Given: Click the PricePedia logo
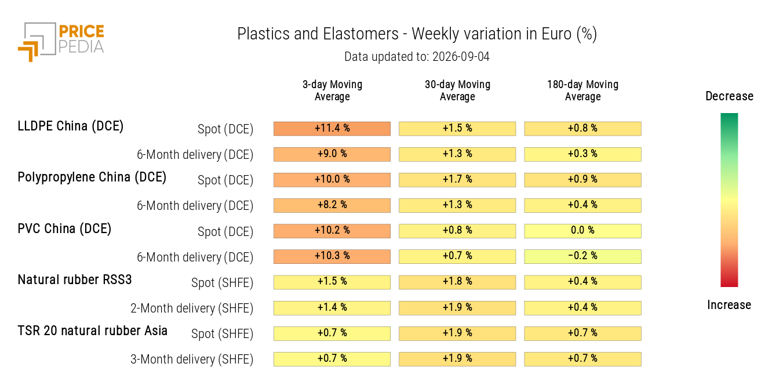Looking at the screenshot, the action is tap(61, 42).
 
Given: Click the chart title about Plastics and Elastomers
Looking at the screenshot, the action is tap(417, 34).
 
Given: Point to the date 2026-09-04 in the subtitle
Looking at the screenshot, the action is tap(461, 57).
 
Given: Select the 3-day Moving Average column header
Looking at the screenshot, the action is tap(332, 90).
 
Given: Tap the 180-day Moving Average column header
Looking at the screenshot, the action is tap(582, 90).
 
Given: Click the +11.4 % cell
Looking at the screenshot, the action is tap(332, 129).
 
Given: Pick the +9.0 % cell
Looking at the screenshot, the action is tap(332, 154).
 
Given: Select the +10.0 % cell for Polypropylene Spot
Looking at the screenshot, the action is tap(332, 180).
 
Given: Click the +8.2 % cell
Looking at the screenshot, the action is tap(332, 206).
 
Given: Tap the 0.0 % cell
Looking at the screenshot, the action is tap(582, 231).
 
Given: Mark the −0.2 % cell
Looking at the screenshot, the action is tap(582, 256).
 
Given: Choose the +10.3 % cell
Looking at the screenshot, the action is tap(332, 256).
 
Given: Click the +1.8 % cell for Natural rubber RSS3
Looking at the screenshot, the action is tap(457, 282).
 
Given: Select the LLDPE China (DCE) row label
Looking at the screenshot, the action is tap(70, 126).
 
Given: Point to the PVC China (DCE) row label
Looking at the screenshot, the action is tap(64, 229).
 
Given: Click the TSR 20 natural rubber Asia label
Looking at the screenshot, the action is tap(93, 331).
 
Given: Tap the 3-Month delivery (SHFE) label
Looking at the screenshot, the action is tap(192, 360).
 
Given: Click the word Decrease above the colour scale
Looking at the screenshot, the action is tap(730, 96).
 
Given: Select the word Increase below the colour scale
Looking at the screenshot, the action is tap(729, 304).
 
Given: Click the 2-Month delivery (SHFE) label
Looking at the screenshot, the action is tap(192, 308).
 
